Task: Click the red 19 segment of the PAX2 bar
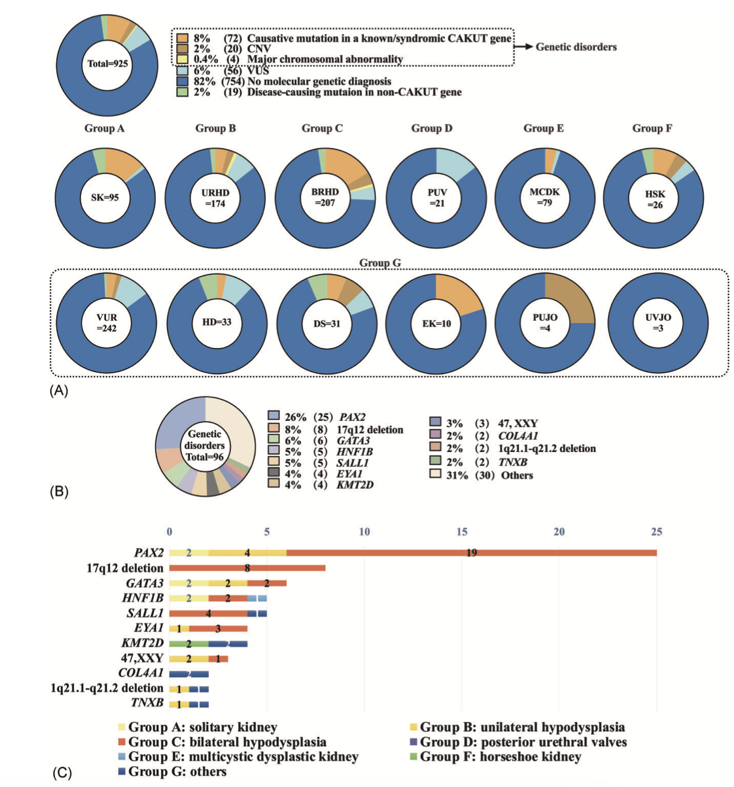(x=472, y=553)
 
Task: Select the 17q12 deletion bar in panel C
(x=247, y=568)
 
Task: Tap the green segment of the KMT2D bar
(x=189, y=643)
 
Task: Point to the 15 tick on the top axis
(x=462, y=531)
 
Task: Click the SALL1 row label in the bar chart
(x=145, y=613)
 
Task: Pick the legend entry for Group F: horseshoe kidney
(x=495, y=756)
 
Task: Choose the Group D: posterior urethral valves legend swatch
(x=414, y=741)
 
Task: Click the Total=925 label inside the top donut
(x=108, y=64)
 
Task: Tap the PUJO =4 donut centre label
(x=545, y=322)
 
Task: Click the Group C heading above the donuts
(x=322, y=128)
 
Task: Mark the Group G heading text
(x=380, y=263)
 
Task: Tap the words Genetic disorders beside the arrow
(x=576, y=47)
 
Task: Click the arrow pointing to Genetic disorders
(x=523, y=47)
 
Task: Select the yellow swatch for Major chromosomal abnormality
(x=182, y=59)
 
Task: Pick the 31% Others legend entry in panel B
(x=481, y=475)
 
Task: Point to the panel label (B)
(x=59, y=492)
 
